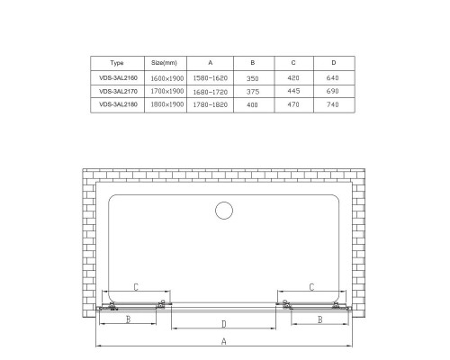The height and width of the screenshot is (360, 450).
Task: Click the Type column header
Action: coord(117,63)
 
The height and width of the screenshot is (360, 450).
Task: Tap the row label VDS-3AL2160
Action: coord(117,77)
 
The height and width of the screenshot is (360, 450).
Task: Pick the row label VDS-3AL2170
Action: coord(117,92)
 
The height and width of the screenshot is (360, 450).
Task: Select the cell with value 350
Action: coord(252,77)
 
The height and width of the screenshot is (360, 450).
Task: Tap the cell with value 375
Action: coord(252,92)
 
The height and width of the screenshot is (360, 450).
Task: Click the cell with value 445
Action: coord(292,92)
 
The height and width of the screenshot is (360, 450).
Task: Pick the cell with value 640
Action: coord(334,77)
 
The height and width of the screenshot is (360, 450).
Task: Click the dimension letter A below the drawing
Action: coord(223,341)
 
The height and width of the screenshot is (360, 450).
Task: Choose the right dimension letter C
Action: coord(310,287)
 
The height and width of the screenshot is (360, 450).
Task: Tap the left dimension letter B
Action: coord(128,319)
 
